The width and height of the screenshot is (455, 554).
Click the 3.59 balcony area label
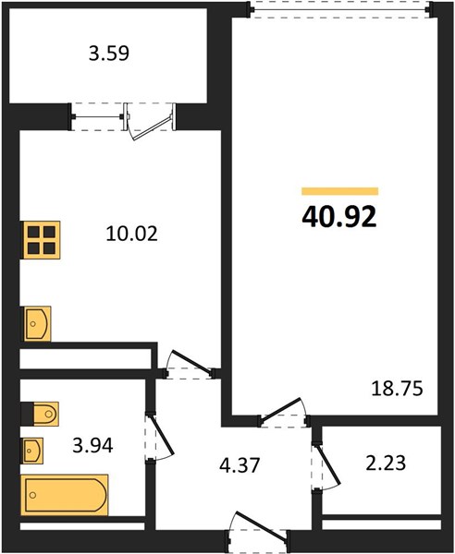108,54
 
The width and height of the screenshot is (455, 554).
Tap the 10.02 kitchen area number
131,234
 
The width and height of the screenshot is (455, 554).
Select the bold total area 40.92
339,217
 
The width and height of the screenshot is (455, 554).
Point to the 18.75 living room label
397,389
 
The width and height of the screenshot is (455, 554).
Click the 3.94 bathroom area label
92,445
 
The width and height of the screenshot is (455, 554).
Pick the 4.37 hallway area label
240,465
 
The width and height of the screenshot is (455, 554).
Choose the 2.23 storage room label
386,464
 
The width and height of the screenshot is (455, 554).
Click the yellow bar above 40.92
340,191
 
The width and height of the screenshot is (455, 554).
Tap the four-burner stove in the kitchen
41,240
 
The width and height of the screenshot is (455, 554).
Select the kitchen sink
37,324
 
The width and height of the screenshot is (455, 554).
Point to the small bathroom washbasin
32,451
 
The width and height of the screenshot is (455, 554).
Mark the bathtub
65,495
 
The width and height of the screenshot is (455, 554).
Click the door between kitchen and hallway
190,365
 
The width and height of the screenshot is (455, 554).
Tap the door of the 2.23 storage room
326,465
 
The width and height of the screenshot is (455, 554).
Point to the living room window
340,9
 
